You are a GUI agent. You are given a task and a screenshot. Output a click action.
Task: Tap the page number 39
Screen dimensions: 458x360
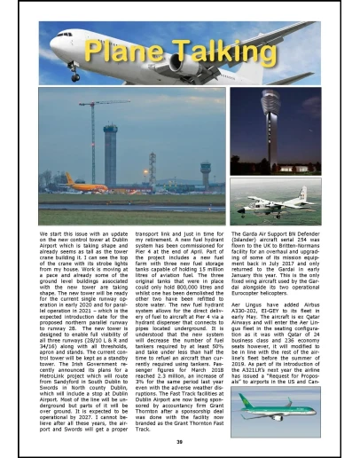click(180, 440)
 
